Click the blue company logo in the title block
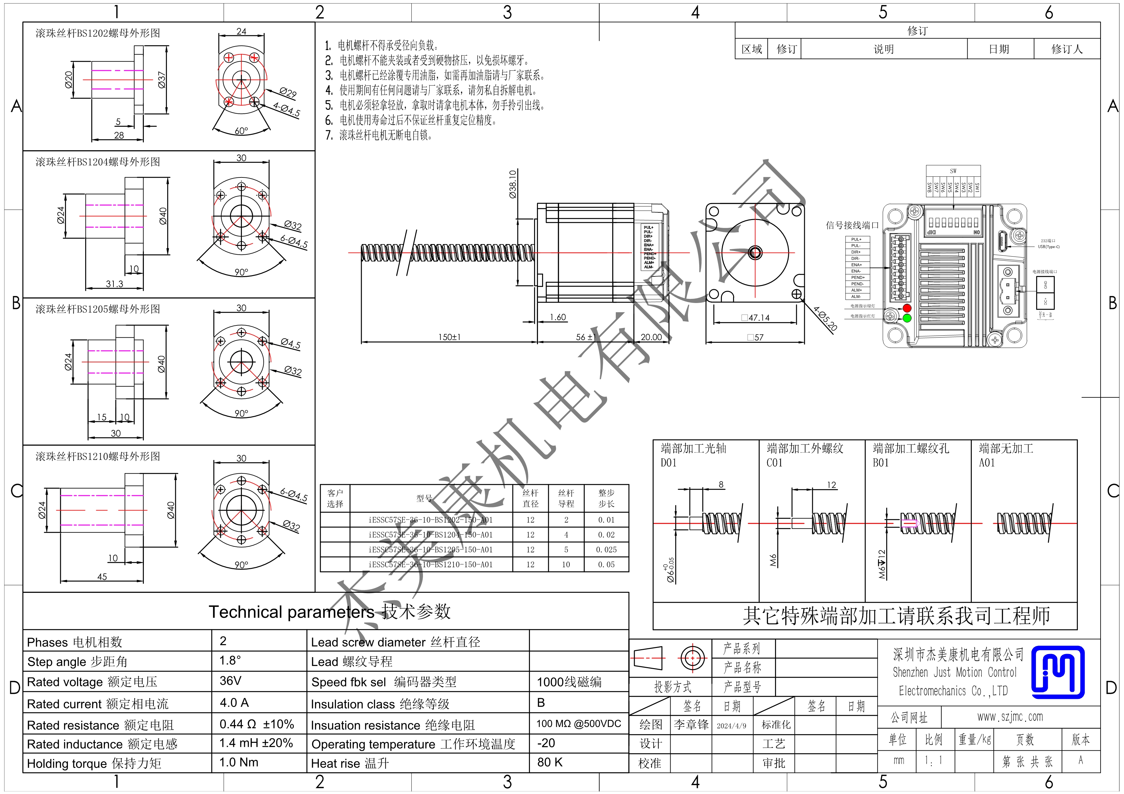click(x=1057, y=672)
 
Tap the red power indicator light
click(x=907, y=308)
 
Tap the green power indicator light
click(x=907, y=318)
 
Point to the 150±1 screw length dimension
click(x=449, y=337)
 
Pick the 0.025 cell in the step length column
click(x=606, y=549)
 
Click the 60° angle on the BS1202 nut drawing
click(x=241, y=131)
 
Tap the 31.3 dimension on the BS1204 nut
click(x=115, y=284)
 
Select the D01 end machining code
click(x=668, y=463)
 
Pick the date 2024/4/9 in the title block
click(x=731, y=725)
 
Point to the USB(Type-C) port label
click(x=1049, y=247)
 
